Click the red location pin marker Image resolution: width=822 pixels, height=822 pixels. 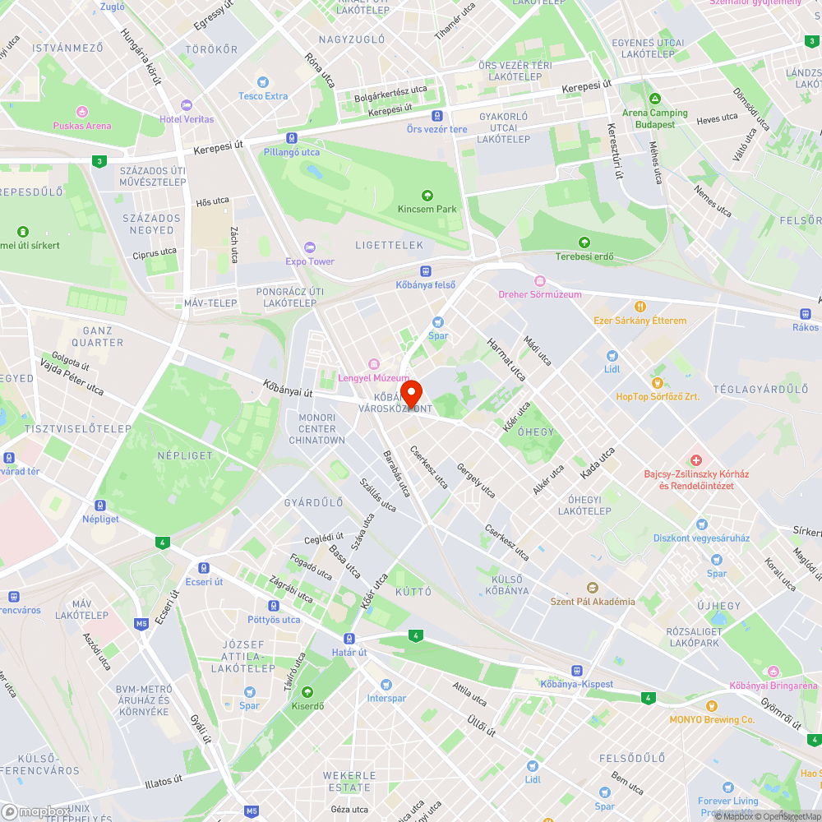(410, 391)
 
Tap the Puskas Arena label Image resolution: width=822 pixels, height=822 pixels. (81, 126)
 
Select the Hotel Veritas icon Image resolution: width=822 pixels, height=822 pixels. (187, 105)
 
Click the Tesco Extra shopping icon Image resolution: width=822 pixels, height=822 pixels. (262, 82)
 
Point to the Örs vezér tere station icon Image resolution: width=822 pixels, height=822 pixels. (436, 116)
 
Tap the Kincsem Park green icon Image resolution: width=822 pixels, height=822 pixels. (427, 196)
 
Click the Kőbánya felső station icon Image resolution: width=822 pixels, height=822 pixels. (426, 270)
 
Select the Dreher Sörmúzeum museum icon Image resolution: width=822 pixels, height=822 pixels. (540, 281)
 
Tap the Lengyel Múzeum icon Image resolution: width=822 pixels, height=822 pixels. (373, 364)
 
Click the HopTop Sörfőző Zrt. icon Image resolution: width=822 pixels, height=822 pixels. (657, 383)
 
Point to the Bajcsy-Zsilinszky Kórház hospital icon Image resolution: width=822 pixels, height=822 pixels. (695, 459)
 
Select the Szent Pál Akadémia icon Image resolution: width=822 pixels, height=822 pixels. (592, 587)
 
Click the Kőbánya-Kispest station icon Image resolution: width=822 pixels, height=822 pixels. (577, 671)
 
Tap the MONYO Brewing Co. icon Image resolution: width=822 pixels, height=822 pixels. (712, 706)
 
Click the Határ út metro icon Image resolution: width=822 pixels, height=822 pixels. (349, 639)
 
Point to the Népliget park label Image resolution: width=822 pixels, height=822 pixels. (185, 455)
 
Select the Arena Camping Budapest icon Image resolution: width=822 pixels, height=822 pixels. (654, 99)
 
